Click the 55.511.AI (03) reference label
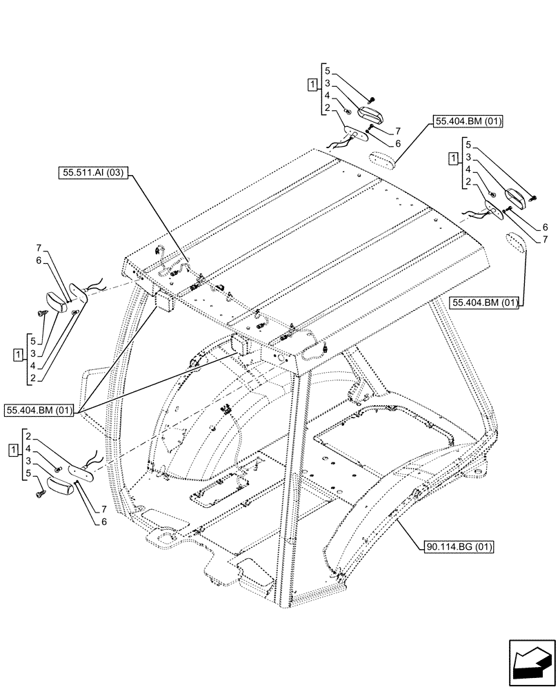[92, 174]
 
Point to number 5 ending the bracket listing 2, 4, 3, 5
[27, 473]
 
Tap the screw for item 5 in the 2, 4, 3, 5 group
[41, 493]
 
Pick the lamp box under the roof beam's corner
[163, 301]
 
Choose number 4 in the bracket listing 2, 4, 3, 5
[27, 448]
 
